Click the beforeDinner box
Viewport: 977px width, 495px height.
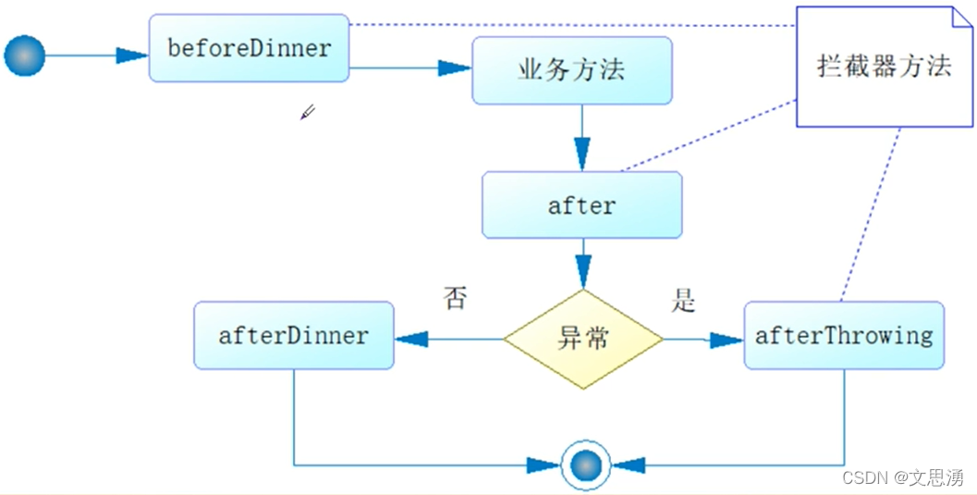[x=249, y=48]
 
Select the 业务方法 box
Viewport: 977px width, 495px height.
[x=572, y=70]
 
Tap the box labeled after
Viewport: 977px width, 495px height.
[x=581, y=204]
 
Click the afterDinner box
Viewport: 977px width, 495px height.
[x=293, y=335]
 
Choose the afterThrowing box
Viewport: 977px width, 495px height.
[x=843, y=335]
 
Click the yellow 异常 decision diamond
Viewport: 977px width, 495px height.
[x=583, y=339]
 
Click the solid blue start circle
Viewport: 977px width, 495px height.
[x=24, y=56]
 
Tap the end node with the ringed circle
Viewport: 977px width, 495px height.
[x=586, y=464]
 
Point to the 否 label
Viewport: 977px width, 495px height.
[x=455, y=299]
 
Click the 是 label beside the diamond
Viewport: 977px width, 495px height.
[x=683, y=300]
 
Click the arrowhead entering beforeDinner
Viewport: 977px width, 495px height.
[x=132, y=56]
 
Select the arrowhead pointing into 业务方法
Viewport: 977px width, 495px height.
[x=455, y=68]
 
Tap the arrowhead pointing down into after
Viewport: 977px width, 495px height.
[x=581, y=154]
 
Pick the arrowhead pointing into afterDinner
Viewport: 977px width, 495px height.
[x=412, y=339]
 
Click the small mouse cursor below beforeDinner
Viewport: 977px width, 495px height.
[x=308, y=112]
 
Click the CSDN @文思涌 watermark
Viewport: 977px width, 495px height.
[x=902, y=477]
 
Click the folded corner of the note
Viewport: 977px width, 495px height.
[x=962, y=19]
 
